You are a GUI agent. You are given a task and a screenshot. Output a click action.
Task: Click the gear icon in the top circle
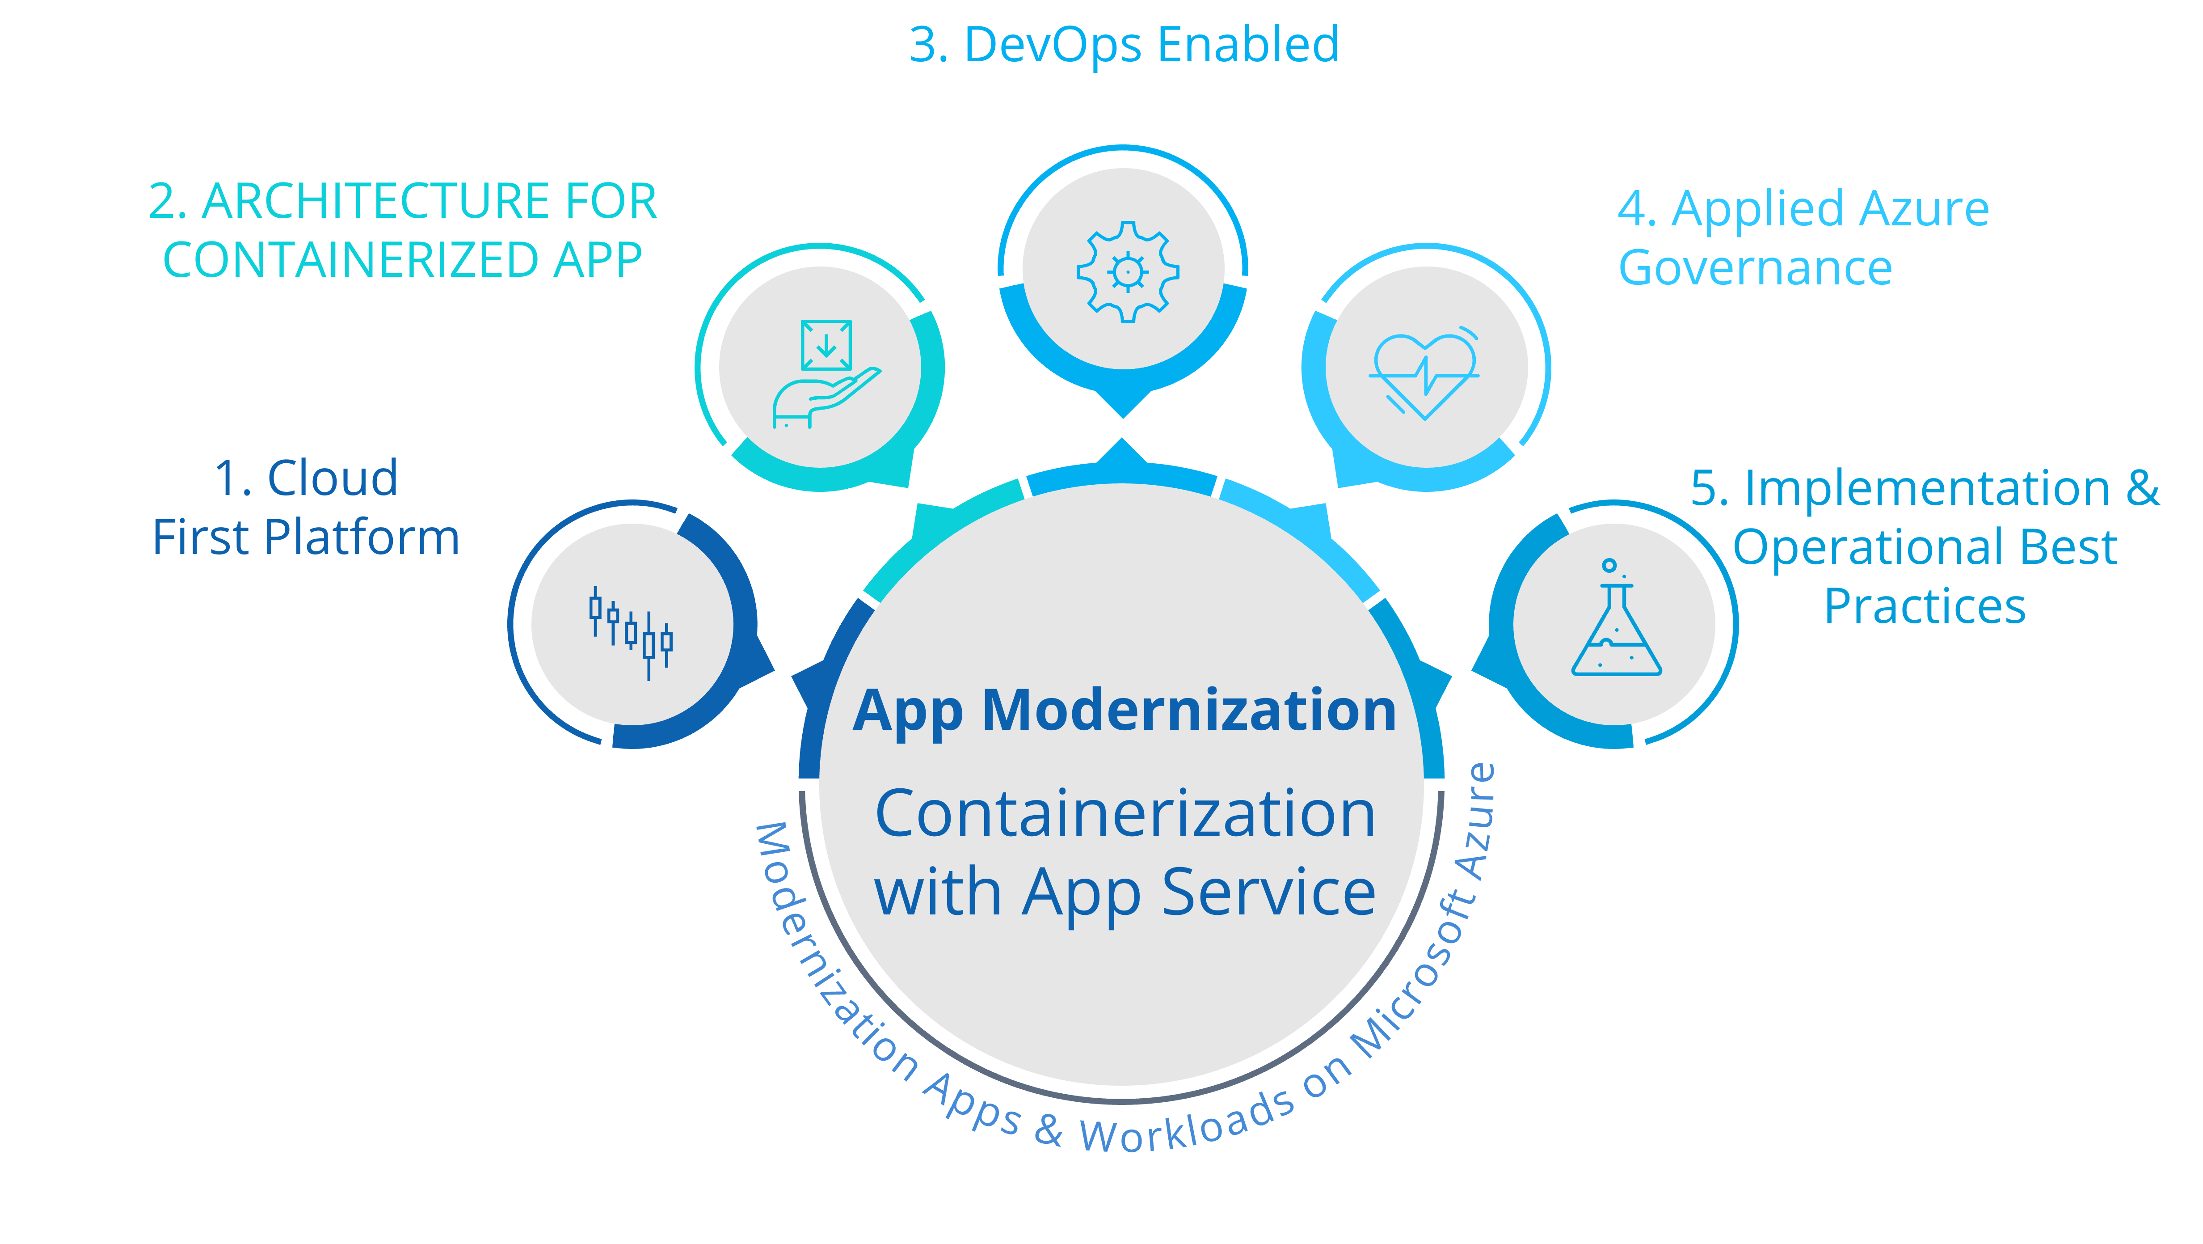[x=1127, y=271]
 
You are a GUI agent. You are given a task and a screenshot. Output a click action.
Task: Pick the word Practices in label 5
[x=1925, y=607]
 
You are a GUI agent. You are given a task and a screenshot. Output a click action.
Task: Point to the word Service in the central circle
[x=1268, y=893]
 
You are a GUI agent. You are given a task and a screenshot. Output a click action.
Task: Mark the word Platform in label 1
[x=362, y=539]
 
